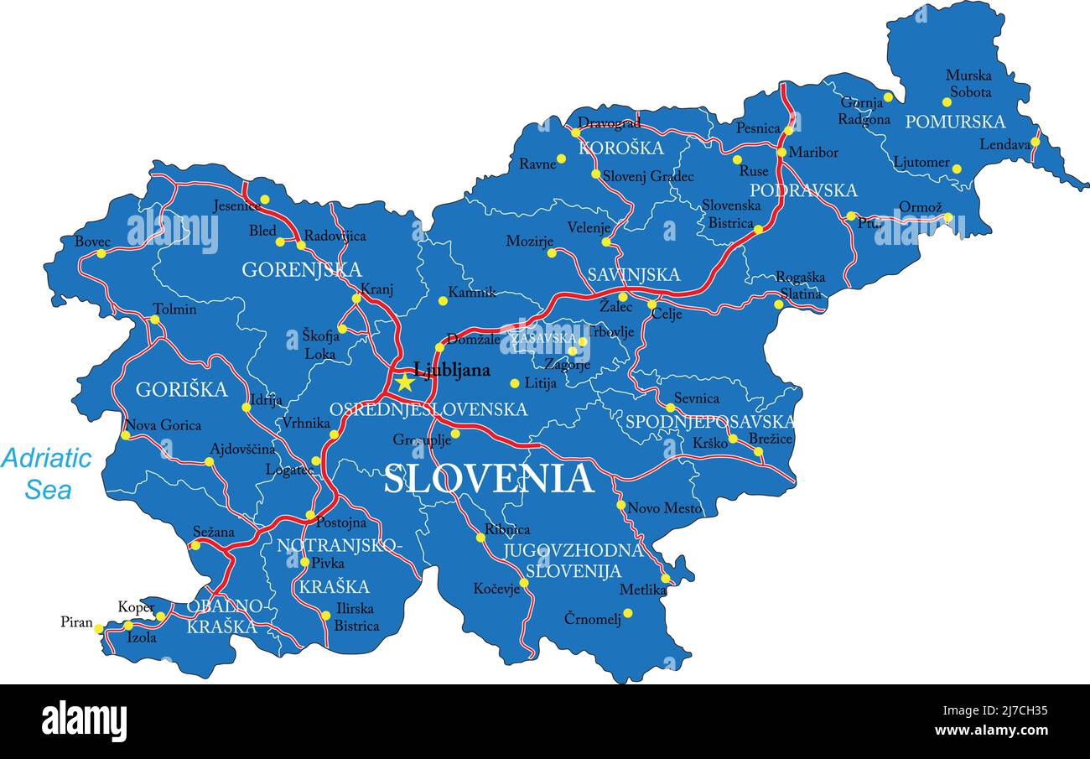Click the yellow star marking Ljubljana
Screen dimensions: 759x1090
[405, 382]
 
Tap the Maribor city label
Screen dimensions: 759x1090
[812, 153]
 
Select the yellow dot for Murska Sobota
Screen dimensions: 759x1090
[947, 102]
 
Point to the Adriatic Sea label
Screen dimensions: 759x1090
[46, 474]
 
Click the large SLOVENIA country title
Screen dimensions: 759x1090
[489, 479]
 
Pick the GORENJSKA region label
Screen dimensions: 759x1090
[302, 270]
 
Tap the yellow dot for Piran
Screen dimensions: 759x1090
[99, 628]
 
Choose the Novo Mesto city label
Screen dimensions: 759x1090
[665, 508]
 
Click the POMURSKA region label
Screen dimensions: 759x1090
[955, 122]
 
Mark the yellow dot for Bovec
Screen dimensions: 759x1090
[101, 253]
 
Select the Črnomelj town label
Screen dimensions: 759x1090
[593, 619]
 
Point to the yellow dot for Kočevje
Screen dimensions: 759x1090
[524, 582]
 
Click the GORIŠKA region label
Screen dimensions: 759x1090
[181, 390]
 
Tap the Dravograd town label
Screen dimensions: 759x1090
[610, 123]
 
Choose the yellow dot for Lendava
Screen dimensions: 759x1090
[1035, 142]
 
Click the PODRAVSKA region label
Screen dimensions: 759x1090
[803, 190]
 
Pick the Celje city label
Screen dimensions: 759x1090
[667, 315]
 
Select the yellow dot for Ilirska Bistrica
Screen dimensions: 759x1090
[325, 616]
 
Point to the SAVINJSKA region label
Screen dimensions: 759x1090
[633, 275]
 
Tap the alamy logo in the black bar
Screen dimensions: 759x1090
[85, 721]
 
